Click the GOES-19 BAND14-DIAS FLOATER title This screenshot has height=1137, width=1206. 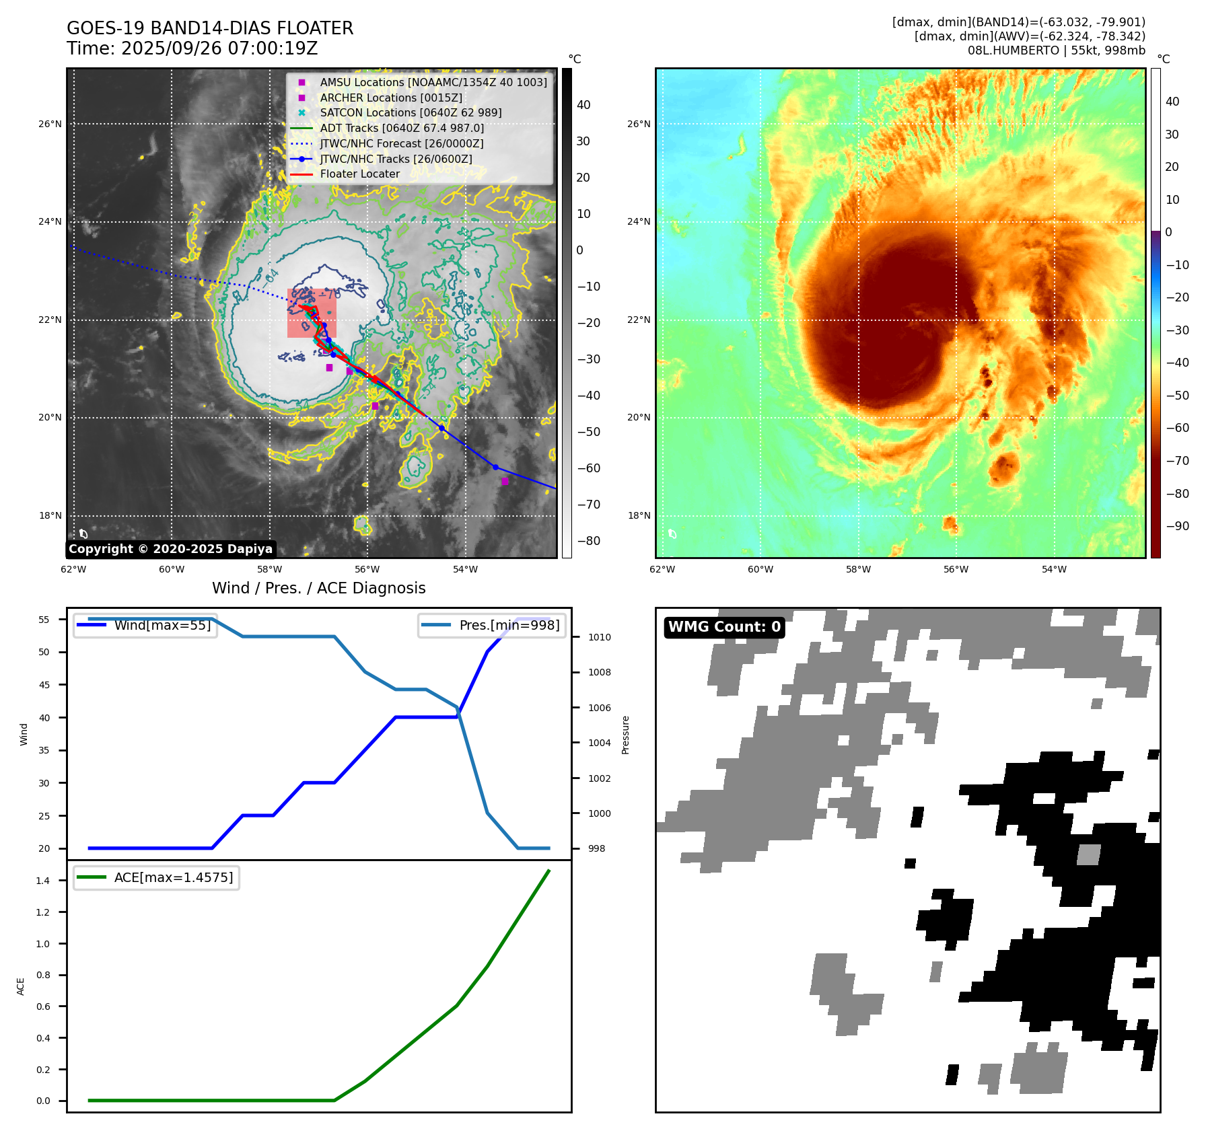coord(210,28)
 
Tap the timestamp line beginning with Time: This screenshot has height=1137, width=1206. coord(192,48)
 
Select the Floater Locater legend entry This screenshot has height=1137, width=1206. coord(359,174)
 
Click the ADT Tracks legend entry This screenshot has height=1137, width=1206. coord(402,128)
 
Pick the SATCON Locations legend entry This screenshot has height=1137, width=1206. coord(411,112)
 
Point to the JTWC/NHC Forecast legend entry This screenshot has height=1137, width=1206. coord(401,143)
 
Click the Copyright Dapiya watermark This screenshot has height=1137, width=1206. coord(170,549)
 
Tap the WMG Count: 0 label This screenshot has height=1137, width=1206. coord(724,627)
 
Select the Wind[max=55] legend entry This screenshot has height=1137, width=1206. coord(162,625)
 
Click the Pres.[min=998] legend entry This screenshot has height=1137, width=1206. coord(509,625)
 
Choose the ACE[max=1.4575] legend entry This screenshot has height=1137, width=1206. coord(174,877)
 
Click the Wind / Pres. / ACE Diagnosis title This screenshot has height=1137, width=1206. coord(319,588)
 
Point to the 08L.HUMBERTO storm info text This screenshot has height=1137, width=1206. coord(1056,50)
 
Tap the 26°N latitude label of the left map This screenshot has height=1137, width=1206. coord(50,124)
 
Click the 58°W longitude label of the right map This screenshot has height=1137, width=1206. coord(858,569)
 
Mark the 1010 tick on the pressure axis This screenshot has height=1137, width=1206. coord(600,637)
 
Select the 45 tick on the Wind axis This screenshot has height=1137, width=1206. coord(44,685)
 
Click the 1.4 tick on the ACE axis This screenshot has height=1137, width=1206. coord(43,881)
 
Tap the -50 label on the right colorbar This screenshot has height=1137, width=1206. coord(1177,395)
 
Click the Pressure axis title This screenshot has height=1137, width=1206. coord(625,735)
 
